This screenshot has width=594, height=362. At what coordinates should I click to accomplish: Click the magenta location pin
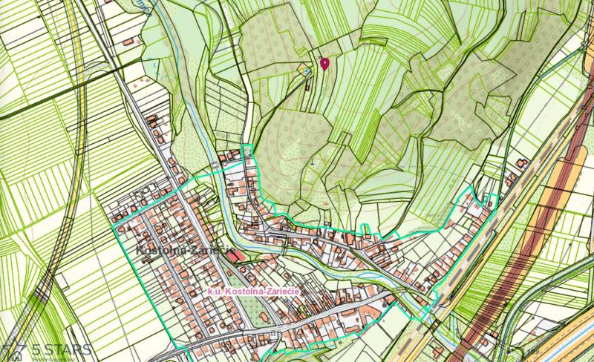tap(324, 63)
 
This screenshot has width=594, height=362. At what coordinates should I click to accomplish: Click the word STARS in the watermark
tap(68, 349)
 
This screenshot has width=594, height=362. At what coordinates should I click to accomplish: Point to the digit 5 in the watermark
tap(36, 349)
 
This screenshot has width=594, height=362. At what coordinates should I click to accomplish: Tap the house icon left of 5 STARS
tap(13, 349)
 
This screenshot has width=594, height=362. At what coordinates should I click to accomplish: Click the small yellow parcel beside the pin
tap(304, 70)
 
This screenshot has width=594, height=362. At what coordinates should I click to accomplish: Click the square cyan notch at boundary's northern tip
tap(247, 150)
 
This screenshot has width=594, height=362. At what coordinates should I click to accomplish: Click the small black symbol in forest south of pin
tap(314, 162)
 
